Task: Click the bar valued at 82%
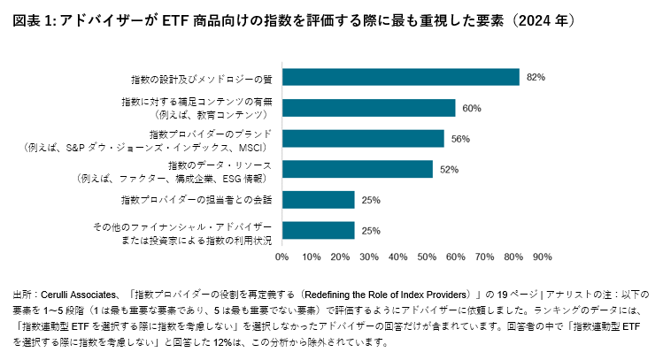point(400,77)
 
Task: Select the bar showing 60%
point(368,108)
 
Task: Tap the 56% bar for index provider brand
point(363,139)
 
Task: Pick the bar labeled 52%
point(358,169)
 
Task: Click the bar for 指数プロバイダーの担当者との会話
point(319,200)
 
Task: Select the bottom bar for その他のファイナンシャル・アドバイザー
point(319,231)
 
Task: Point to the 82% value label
point(535,77)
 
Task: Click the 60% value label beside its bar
point(471,108)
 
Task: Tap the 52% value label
point(449,169)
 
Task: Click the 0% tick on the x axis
point(282,257)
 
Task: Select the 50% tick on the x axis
point(427,257)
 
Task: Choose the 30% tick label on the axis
point(369,257)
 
